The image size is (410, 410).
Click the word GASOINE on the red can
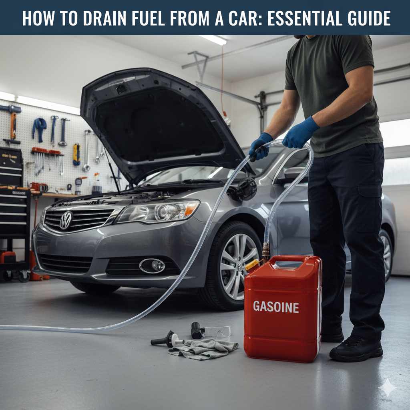pyautogui.click(x=276, y=307)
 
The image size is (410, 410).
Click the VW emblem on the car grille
pyautogui.click(x=66, y=220)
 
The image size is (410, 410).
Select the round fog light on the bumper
pyautogui.click(x=153, y=265)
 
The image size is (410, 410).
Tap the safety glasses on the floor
pyautogui.click(x=217, y=332)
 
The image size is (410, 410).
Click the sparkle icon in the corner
pyautogui.click(x=388, y=388)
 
